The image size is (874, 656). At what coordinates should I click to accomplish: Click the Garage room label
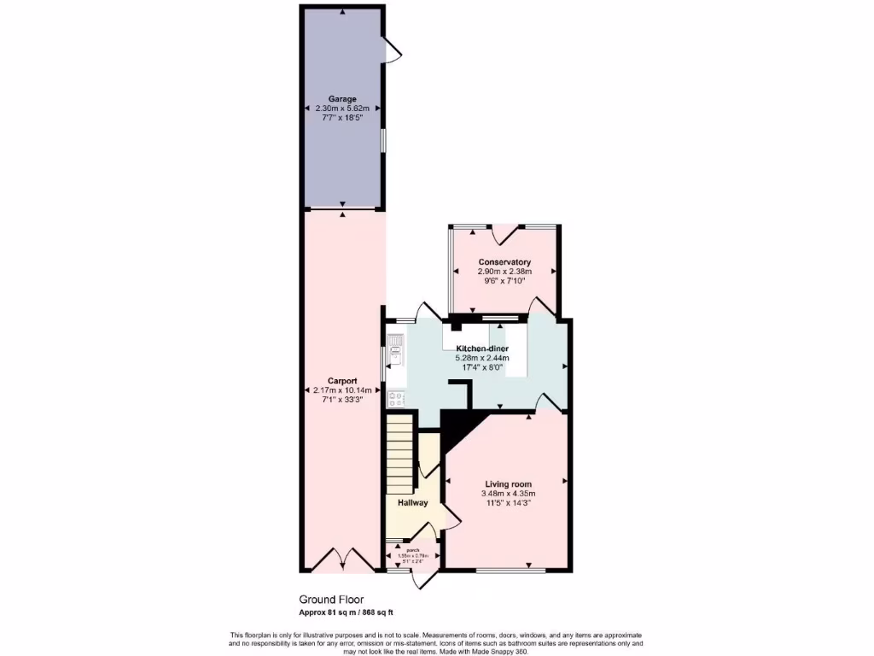tap(342, 99)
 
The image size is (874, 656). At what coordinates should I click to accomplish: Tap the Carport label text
tap(342, 381)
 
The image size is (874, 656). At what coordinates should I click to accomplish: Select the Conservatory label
tap(504, 262)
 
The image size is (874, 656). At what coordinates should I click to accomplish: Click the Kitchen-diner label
tap(482, 349)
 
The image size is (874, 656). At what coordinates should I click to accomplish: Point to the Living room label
tap(507, 483)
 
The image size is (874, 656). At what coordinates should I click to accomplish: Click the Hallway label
tap(412, 502)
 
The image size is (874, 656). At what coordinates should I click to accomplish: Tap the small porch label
tap(412, 550)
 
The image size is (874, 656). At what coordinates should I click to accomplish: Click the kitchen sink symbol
tap(395, 346)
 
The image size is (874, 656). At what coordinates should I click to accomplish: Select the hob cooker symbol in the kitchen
tap(395, 397)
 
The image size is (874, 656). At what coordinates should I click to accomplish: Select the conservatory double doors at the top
tap(504, 232)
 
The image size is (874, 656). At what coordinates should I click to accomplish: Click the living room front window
tap(510, 571)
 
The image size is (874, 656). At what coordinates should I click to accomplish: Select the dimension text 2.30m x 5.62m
tap(342, 108)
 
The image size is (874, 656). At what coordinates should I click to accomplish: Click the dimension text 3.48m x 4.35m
tap(507, 494)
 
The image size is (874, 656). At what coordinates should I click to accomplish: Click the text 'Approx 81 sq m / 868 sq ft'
tap(346, 612)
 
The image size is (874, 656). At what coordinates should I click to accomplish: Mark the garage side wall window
tap(382, 141)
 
